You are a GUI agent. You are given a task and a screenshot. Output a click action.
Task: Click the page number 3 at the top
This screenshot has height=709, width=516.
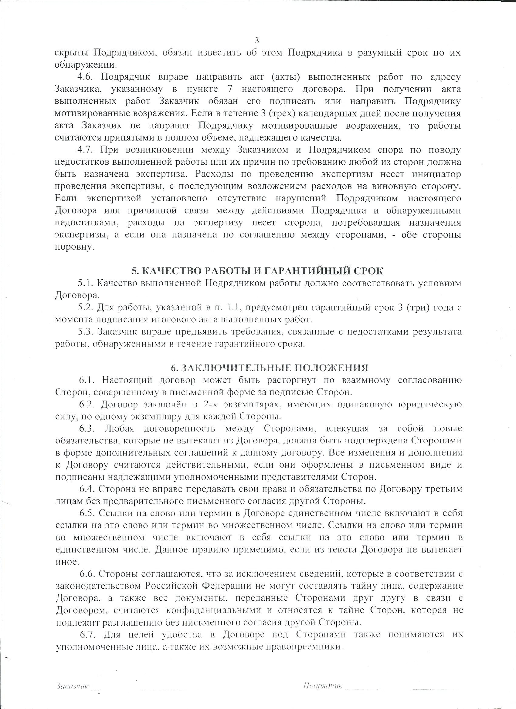(257, 41)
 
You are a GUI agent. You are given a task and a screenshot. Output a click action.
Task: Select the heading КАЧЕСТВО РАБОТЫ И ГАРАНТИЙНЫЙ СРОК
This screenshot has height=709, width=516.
(258, 271)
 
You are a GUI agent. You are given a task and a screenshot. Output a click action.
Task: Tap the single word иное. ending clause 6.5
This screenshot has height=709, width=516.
(66, 562)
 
